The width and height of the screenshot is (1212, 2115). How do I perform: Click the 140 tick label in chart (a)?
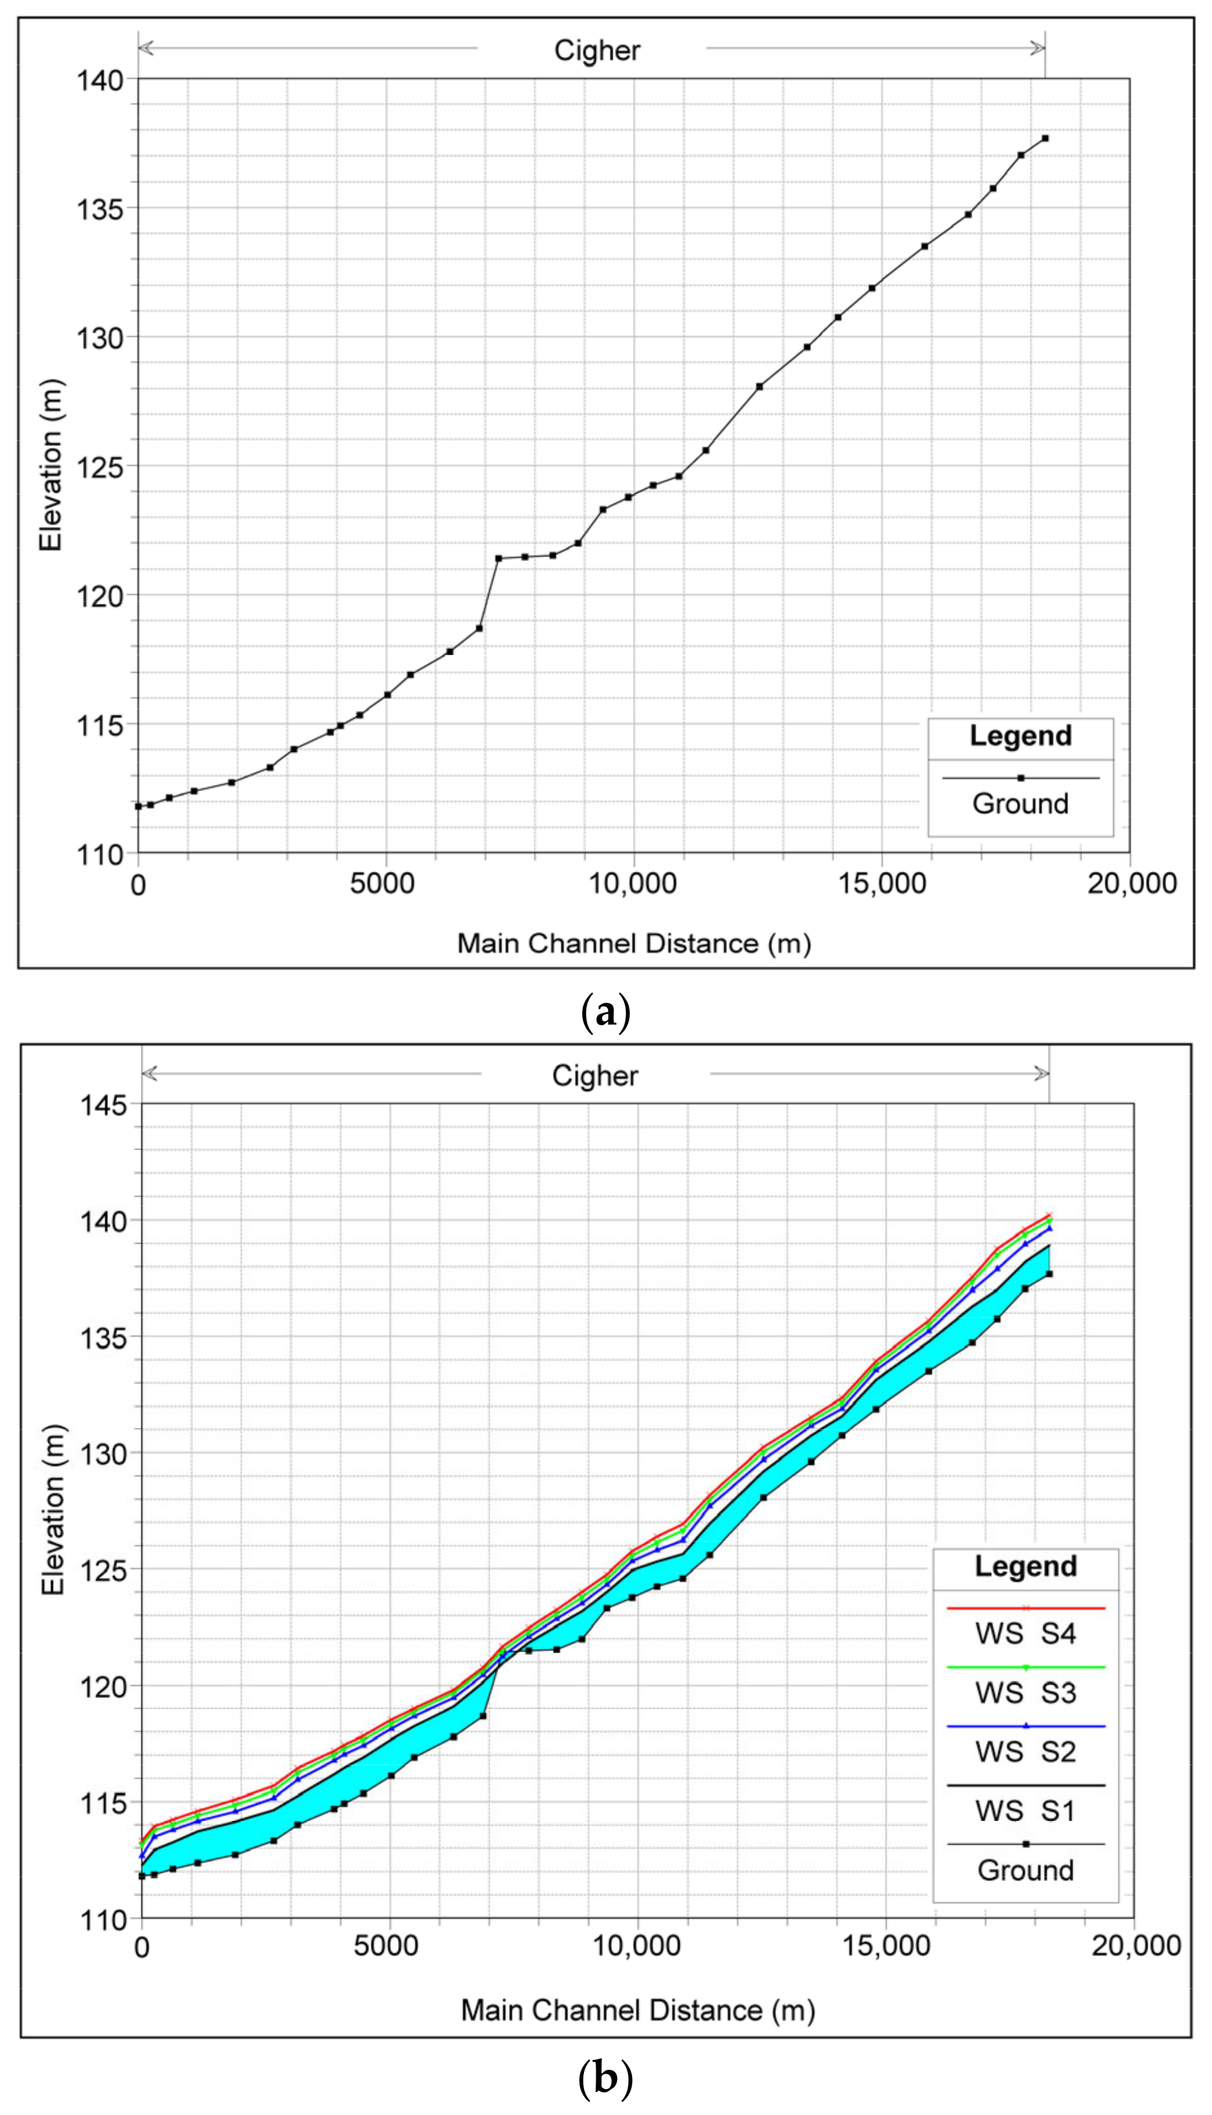click(x=100, y=80)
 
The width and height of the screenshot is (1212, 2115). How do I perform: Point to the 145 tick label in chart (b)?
click(x=103, y=1105)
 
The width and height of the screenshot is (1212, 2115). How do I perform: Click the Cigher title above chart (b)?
click(x=594, y=1076)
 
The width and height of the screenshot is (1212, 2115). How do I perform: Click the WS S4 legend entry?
click(x=1025, y=1633)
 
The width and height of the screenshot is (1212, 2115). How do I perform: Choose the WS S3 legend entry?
click(x=1025, y=1693)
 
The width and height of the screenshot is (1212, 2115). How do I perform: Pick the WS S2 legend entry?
click(x=1025, y=1752)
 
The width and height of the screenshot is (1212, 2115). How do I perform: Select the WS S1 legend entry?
click(x=1025, y=1811)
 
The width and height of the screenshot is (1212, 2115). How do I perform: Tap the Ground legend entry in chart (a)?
click(x=1021, y=803)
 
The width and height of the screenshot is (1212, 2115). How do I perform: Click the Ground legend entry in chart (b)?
click(x=1025, y=1870)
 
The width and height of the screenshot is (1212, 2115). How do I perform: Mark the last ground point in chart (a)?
click(x=1045, y=138)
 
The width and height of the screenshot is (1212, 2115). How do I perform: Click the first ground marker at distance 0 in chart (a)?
click(x=138, y=806)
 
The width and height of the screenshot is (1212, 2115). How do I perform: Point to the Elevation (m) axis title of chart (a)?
click(x=52, y=466)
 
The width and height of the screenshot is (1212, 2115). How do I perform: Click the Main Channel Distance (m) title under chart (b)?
click(x=638, y=2011)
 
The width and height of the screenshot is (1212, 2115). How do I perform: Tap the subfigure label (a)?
click(x=605, y=1014)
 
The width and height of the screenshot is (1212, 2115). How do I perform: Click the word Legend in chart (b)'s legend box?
click(x=1025, y=1566)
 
